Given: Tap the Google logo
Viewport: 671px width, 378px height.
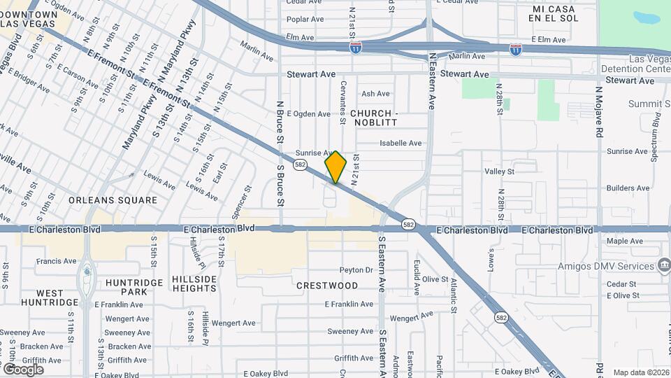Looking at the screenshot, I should [x=23, y=369].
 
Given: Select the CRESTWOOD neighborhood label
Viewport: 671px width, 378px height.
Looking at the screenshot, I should [x=327, y=286].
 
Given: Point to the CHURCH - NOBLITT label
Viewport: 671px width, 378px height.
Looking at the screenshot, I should [x=373, y=118].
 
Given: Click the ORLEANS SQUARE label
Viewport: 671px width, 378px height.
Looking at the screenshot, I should [x=113, y=200].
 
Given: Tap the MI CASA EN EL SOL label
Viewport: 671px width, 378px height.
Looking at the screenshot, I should [x=555, y=13].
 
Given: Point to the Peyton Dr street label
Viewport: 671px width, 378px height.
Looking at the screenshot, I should [x=356, y=270].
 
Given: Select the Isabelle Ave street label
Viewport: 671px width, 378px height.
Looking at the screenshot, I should [x=401, y=143].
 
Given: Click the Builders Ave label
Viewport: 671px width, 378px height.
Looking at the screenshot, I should [x=628, y=188].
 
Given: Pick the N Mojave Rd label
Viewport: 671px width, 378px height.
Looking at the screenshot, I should [x=599, y=112].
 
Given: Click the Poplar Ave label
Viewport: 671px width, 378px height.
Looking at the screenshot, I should [x=303, y=19].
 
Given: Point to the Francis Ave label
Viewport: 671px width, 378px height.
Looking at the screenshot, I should [x=57, y=262].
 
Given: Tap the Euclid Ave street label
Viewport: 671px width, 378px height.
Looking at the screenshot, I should [x=417, y=277].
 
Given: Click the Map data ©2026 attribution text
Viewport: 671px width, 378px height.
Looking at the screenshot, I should [x=640, y=372].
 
